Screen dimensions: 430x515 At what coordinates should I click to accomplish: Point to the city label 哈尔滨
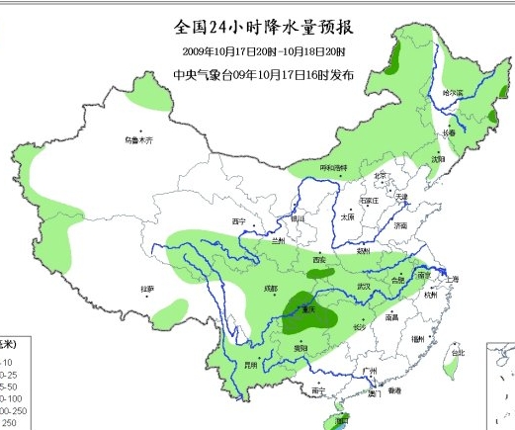[453, 92]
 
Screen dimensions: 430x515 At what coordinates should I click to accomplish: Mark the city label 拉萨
[147, 290]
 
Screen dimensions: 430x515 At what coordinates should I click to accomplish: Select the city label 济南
[399, 225]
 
